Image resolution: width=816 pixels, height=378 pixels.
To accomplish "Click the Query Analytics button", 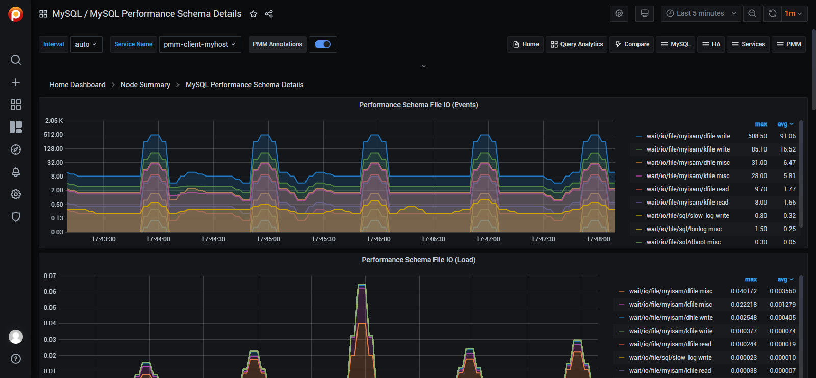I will point(576,44).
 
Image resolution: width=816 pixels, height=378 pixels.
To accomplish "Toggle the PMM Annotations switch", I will point(323,44).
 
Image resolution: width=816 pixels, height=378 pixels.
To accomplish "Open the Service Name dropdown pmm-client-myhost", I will point(200,44).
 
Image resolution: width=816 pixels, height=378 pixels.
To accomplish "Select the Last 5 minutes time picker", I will point(701,14).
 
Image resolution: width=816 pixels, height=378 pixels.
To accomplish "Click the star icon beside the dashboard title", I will point(253,14).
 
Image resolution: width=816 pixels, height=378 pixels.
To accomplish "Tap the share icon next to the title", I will point(269,14).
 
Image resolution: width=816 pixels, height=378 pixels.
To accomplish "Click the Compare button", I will point(632,44).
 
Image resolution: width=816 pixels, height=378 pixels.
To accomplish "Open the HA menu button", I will point(711,44).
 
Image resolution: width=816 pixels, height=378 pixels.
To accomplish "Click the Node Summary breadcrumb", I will point(145,85).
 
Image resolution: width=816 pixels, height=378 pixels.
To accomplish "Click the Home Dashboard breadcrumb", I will point(78,85).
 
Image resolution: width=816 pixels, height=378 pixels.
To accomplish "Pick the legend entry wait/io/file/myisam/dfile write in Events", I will point(688,136).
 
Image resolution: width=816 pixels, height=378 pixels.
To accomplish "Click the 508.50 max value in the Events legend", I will point(757,136).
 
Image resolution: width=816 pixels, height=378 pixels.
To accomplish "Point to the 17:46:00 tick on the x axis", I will point(378,239).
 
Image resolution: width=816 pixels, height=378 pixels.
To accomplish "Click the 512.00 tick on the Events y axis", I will point(54,135).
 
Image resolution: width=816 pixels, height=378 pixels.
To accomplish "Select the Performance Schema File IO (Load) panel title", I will point(418,260).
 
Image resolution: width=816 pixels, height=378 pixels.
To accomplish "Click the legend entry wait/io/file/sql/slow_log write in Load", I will point(670,358).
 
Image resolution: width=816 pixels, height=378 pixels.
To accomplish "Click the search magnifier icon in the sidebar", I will point(16,60).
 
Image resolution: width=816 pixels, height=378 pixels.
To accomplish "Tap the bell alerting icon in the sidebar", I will point(16,172).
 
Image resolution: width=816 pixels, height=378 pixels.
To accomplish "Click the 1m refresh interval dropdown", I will point(793,14).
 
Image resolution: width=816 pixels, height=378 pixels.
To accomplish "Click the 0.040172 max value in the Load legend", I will point(744,291).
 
